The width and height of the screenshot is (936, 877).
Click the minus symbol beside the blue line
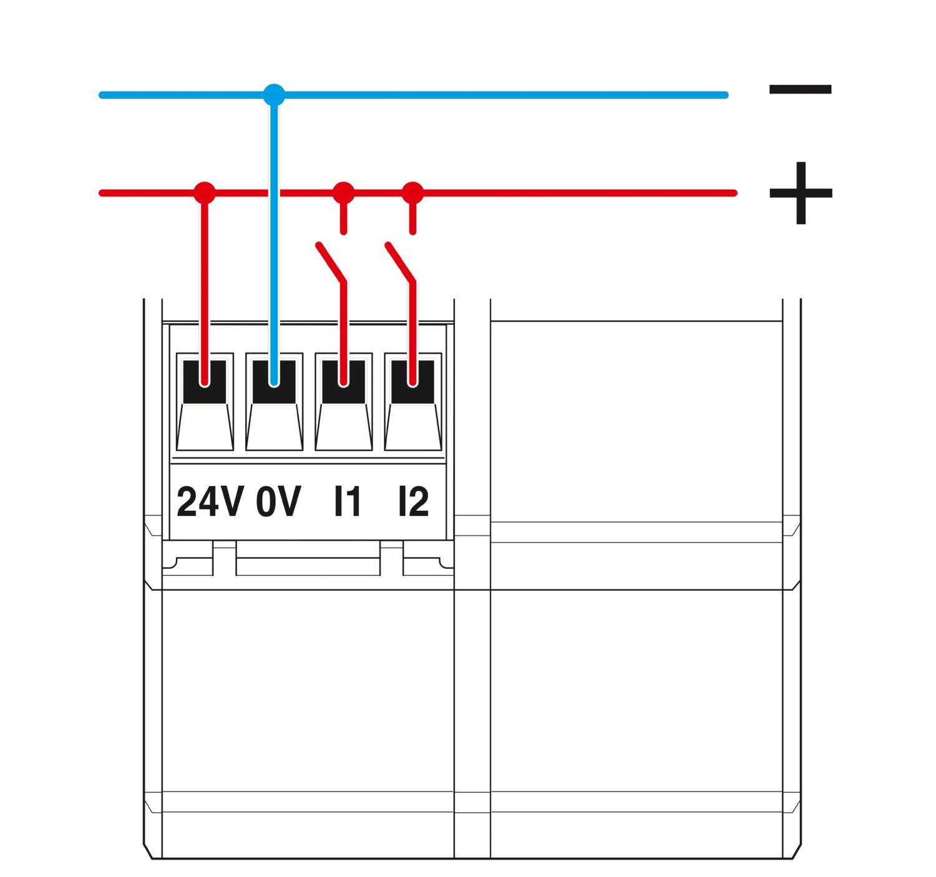tap(800, 90)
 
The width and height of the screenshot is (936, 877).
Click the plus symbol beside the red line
tap(800, 193)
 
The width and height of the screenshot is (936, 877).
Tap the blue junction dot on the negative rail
tap(274, 95)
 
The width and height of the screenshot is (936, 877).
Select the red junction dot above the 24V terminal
tap(205, 193)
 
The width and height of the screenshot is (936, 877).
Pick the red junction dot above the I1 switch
tap(343, 193)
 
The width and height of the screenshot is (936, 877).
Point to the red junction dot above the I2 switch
tap(412, 193)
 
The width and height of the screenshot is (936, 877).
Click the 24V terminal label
tap(210, 501)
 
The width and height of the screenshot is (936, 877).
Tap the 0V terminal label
tap(278, 501)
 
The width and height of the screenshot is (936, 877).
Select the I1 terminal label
tap(348, 501)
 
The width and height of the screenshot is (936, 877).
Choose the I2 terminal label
tap(414, 501)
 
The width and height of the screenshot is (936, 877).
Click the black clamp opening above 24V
tap(205, 382)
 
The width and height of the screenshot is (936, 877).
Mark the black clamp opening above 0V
tap(274, 382)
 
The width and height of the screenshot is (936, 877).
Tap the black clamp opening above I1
tap(343, 382)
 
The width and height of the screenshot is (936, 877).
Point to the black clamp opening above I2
tap(412, 382)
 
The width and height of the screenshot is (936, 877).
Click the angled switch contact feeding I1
tap(331, 263)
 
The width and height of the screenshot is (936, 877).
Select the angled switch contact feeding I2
tap(401, 263)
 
